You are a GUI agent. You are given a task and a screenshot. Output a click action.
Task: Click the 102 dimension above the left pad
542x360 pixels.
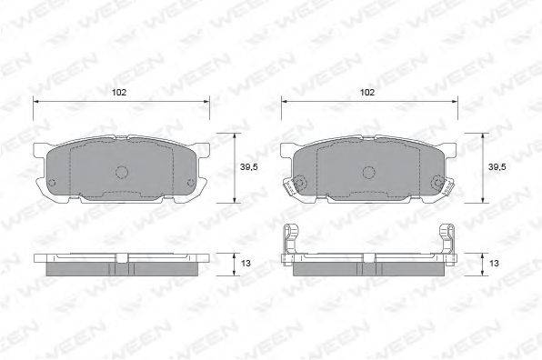119,92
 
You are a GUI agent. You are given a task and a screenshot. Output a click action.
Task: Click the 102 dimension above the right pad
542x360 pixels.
367,92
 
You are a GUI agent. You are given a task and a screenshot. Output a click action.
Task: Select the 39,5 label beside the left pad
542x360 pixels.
249,167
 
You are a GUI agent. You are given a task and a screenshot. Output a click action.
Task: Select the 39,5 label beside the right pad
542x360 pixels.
497,167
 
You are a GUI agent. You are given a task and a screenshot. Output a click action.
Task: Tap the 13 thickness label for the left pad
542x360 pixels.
246,264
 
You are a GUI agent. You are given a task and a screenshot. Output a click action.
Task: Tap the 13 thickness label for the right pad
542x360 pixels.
494,264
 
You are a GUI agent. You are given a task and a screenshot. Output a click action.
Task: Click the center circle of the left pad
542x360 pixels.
121,172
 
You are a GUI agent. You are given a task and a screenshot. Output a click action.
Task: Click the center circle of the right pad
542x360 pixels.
369,173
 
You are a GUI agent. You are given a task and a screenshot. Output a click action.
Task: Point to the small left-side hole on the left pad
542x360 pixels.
52,183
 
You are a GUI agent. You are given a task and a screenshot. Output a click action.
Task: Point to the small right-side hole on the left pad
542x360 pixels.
190,183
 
